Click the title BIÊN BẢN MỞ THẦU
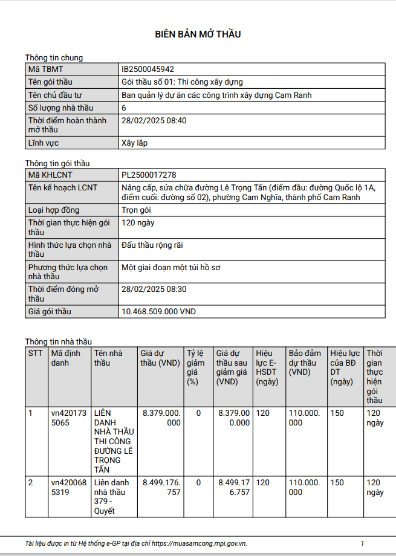tap(198, 34)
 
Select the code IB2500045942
tap(148, 69)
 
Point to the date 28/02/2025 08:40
tap(154, 120)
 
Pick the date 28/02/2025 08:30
tap(154, 289)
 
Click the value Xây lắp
tap(134, 143)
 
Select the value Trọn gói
tap(136, 210)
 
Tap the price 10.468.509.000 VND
tap(158, 312)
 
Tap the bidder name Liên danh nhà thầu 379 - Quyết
tap(112, 497)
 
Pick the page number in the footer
tap(362, 543)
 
